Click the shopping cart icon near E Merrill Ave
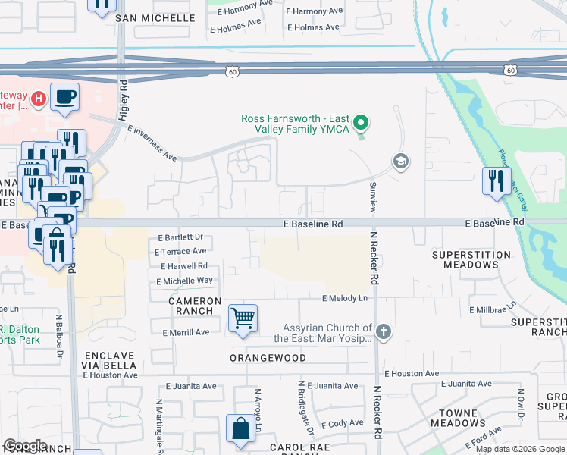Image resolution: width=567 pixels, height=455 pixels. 243,318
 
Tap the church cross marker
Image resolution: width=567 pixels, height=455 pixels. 384,331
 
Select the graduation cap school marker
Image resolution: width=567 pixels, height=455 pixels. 400,161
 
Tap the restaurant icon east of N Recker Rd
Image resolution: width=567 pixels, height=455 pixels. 497,181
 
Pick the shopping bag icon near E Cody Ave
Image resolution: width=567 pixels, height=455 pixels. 240,428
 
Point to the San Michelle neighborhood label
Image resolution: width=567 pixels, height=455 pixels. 155,17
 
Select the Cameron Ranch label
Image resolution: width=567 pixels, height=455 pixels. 195,306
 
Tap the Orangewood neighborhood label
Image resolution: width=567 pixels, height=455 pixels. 268,358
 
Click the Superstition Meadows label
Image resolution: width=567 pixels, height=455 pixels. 465,259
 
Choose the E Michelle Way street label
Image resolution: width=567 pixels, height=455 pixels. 184,281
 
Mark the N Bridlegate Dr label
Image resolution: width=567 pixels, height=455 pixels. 305,407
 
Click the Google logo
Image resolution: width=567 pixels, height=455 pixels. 24,446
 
